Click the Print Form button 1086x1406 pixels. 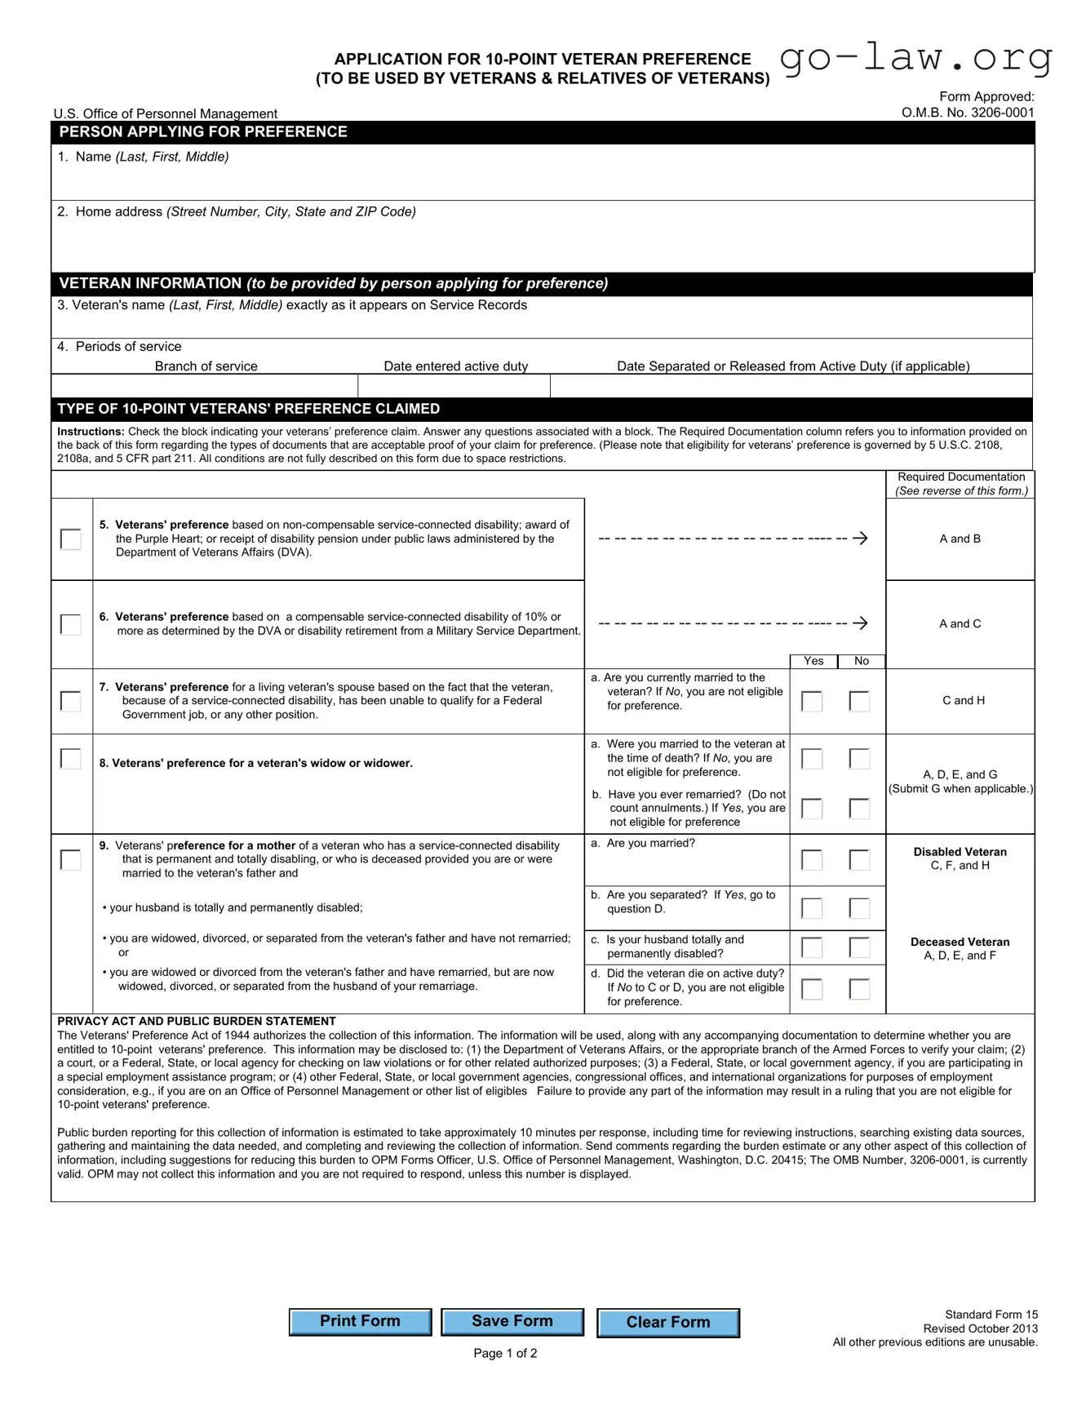tap(360, 1322)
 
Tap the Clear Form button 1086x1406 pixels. tap(667, 1323)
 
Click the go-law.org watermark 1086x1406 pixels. tap(915, 59)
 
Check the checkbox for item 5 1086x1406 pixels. tap(71, 539)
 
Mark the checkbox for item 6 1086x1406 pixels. tap(71, 624)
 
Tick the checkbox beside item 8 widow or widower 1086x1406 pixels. tap(71, 759)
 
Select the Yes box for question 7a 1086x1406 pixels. tap(812, 701)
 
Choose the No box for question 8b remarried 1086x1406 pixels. tap(859, 808)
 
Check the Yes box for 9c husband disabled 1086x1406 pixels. tap(812, 947)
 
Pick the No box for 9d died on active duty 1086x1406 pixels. tap(859, 989)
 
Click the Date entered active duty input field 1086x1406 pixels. tap(454, 386)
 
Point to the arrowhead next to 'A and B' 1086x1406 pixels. tap(860, 539)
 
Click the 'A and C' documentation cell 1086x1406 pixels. tap(960, 624)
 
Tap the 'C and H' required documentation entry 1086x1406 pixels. tap(963, 701)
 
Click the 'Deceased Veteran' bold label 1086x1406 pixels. tap(960, 942)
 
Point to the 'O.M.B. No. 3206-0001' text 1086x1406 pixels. tap(967, 113)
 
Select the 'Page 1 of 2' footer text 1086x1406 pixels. tap(505, 1353)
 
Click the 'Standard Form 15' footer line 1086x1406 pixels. tap(991, 1315)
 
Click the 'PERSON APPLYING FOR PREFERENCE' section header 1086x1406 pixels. tap(203, 132)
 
